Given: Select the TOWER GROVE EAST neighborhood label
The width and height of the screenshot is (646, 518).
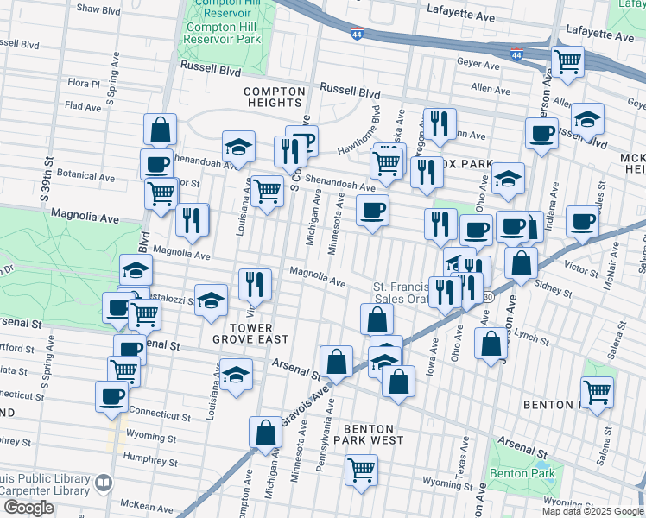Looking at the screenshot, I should [244, 334].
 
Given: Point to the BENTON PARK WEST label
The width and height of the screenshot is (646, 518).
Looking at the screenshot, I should [369, 434].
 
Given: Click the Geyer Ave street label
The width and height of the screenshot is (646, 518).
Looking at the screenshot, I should [479, 65].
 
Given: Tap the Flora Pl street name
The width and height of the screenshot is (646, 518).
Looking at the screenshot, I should [84, 84].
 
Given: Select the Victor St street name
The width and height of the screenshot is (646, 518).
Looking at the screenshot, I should [581, 271].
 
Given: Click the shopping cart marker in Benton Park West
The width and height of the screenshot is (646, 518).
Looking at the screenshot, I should [362, 471].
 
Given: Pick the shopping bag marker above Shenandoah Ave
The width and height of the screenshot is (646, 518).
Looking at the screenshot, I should [161, 130].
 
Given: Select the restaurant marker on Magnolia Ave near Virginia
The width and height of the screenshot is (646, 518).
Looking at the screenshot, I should [255, 284].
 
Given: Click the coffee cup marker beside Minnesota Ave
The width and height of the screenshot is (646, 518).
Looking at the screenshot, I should [372, 211].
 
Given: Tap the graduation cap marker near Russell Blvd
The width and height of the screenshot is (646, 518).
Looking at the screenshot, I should [587, 120].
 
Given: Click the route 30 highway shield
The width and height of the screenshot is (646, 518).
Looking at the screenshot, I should [488, 296].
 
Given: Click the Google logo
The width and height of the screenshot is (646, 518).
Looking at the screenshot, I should [28, 508].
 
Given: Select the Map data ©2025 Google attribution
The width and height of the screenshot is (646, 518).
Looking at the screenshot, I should [592, 511].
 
